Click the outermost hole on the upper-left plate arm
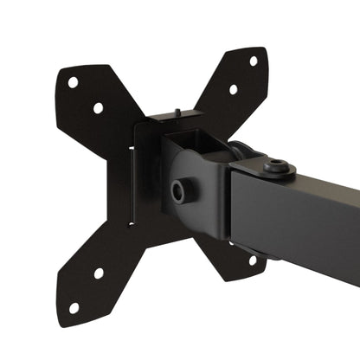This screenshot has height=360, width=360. (74, 82)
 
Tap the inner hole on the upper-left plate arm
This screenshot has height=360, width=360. (98, 108)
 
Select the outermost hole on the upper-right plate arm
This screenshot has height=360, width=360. (254, 61)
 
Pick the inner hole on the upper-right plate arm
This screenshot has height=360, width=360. (233, 88)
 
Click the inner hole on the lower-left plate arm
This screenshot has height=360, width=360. (99, 273)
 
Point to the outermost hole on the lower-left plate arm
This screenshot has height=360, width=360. (74, 307)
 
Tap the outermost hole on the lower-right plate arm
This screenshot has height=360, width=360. (252, 260)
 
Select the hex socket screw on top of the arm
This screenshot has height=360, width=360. (278, 165)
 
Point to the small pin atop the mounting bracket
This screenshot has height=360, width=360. (176, 111)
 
